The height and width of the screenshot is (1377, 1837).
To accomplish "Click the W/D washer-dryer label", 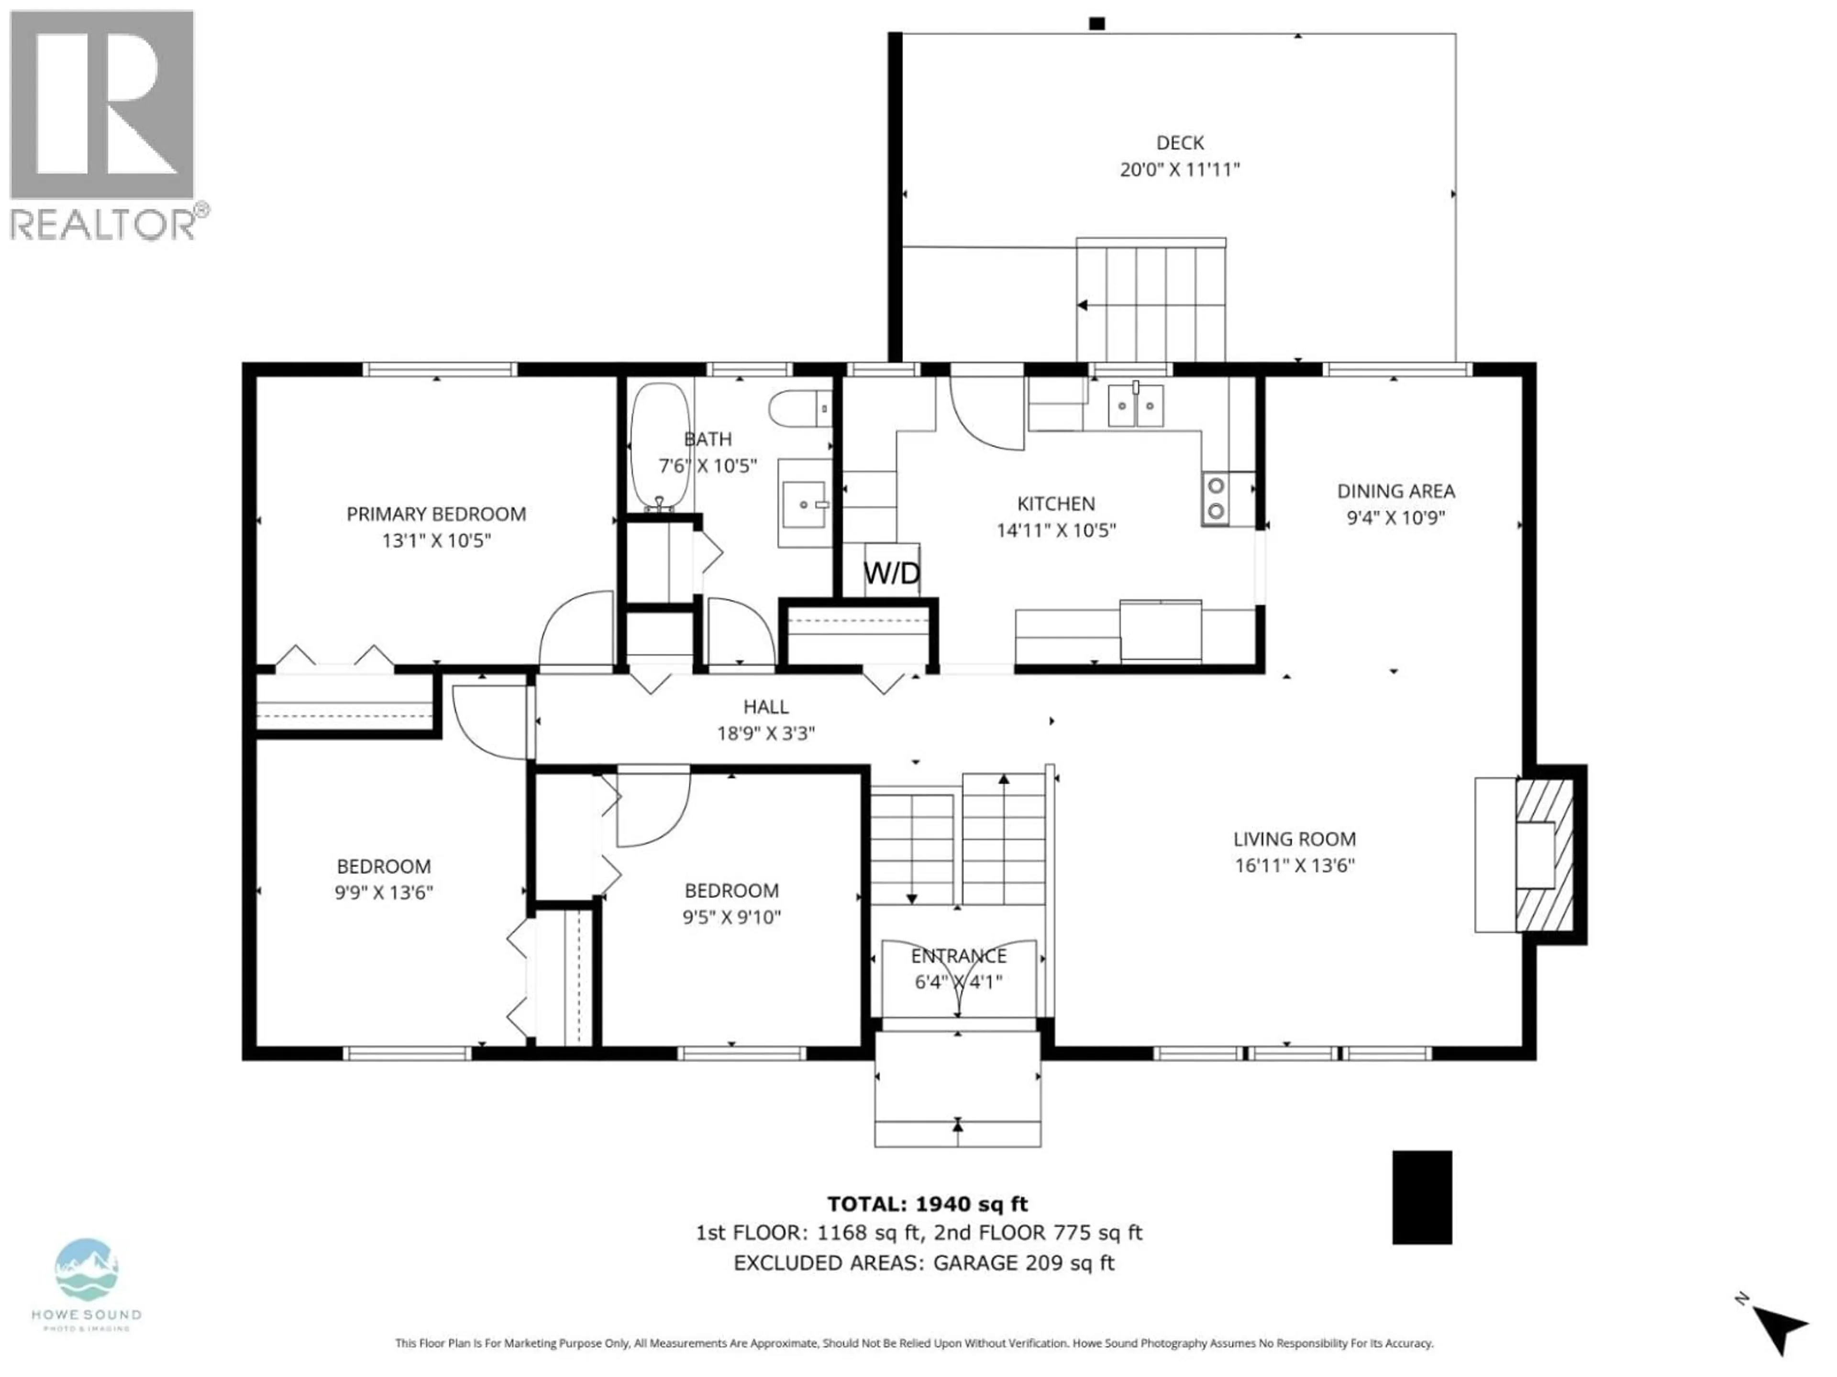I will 891,573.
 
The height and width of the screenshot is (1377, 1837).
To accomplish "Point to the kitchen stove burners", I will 1215,498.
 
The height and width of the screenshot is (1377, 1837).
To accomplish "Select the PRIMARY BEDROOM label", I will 436,514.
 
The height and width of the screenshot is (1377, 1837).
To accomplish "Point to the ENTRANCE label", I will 958,955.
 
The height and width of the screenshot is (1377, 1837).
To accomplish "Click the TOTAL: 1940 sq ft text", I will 927,1203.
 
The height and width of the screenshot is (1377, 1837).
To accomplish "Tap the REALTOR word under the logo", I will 102,224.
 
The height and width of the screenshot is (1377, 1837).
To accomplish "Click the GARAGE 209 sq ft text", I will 1023,1263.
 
